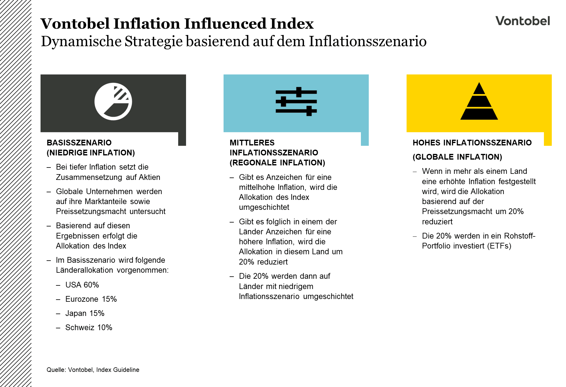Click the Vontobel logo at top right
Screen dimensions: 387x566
pyautogui.click(x=522, y=21)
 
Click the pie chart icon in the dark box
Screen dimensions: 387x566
pyautogui.click(x=113, y=102)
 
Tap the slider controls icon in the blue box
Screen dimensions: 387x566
pyautogui.click(x=296, y=102)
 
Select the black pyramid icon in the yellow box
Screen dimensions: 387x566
pyautogui.click(x=479, y=102)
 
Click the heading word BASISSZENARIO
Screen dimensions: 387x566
pyautogui.click(x=79, y=143)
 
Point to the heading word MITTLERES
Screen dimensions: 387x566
pyautogui.click(x=252, y=143)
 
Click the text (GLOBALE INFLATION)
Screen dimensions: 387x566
pyautogui.click(x=457, y=157)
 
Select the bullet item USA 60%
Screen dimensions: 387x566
pyautogui.click(x=82, y=285)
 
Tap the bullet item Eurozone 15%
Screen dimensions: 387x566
pyautogui.click(x=91, y=299)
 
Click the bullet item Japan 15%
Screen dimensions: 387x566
pyautogui.click(x=85, y=313)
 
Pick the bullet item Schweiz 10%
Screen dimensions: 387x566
pyautogui.click(x=89, y=327)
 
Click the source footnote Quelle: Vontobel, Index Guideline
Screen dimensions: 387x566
pyautogui.click(x=93, y=370)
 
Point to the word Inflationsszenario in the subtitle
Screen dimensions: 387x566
pyautogui.click(x=367, y=41)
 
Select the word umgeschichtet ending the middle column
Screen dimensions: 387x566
pyautogui.click(x=328, y=296)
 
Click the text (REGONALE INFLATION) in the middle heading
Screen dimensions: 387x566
pyautogui.click(x=277, y=163)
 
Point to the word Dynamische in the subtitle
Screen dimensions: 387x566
pyautogui.click(x=81, y=41)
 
